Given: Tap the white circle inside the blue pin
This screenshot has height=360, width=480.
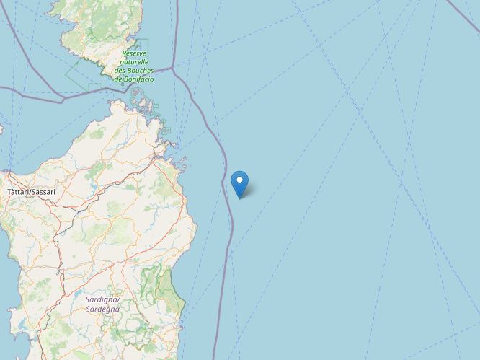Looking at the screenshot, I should tap(239, 179).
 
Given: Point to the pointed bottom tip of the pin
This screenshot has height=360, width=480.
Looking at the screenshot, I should tap(239, 197).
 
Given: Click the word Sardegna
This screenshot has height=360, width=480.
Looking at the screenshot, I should tap(102, 309).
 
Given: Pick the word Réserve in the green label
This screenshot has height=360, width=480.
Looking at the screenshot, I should tap(134, 53).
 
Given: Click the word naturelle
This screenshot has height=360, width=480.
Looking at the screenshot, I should tap(134, 62).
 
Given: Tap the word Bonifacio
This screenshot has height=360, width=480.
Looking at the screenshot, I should tap(139, 79).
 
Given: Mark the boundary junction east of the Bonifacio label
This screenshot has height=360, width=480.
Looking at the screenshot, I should tap(173, 69).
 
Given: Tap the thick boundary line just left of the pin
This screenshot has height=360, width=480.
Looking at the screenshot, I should tap(227, 189).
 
